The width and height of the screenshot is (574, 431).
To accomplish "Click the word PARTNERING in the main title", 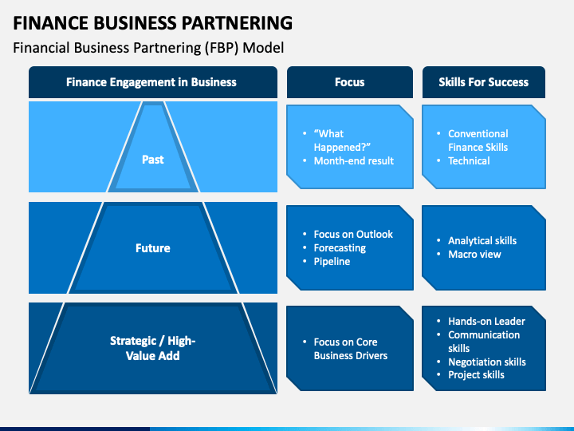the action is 238,22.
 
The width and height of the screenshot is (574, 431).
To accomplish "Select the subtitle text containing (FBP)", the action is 148,48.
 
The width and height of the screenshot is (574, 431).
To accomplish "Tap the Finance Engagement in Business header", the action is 151,82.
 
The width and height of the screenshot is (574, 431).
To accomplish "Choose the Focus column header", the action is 350,82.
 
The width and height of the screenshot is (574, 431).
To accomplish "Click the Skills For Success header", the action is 484,82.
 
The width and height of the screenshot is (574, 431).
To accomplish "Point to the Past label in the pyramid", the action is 152,160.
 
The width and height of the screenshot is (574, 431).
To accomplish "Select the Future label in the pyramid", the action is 152,248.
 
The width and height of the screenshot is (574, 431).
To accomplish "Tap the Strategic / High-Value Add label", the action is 152,348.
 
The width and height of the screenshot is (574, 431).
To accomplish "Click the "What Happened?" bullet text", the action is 342,140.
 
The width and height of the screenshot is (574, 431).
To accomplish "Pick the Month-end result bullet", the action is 354,161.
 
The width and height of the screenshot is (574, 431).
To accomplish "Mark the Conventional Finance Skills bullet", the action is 478,140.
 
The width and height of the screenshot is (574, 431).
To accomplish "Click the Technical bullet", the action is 469,161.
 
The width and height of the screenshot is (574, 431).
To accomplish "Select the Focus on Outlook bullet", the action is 353,234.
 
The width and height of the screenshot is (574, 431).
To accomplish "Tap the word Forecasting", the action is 340,248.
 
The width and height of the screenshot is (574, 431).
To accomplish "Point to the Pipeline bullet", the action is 332,262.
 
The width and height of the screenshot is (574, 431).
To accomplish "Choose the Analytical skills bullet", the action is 482,241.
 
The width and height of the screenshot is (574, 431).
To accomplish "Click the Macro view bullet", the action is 474,255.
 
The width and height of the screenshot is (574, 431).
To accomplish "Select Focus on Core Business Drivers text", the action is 350,349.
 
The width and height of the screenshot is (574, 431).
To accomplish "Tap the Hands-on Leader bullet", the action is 486,322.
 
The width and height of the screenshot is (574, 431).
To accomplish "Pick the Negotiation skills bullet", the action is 487,362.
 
